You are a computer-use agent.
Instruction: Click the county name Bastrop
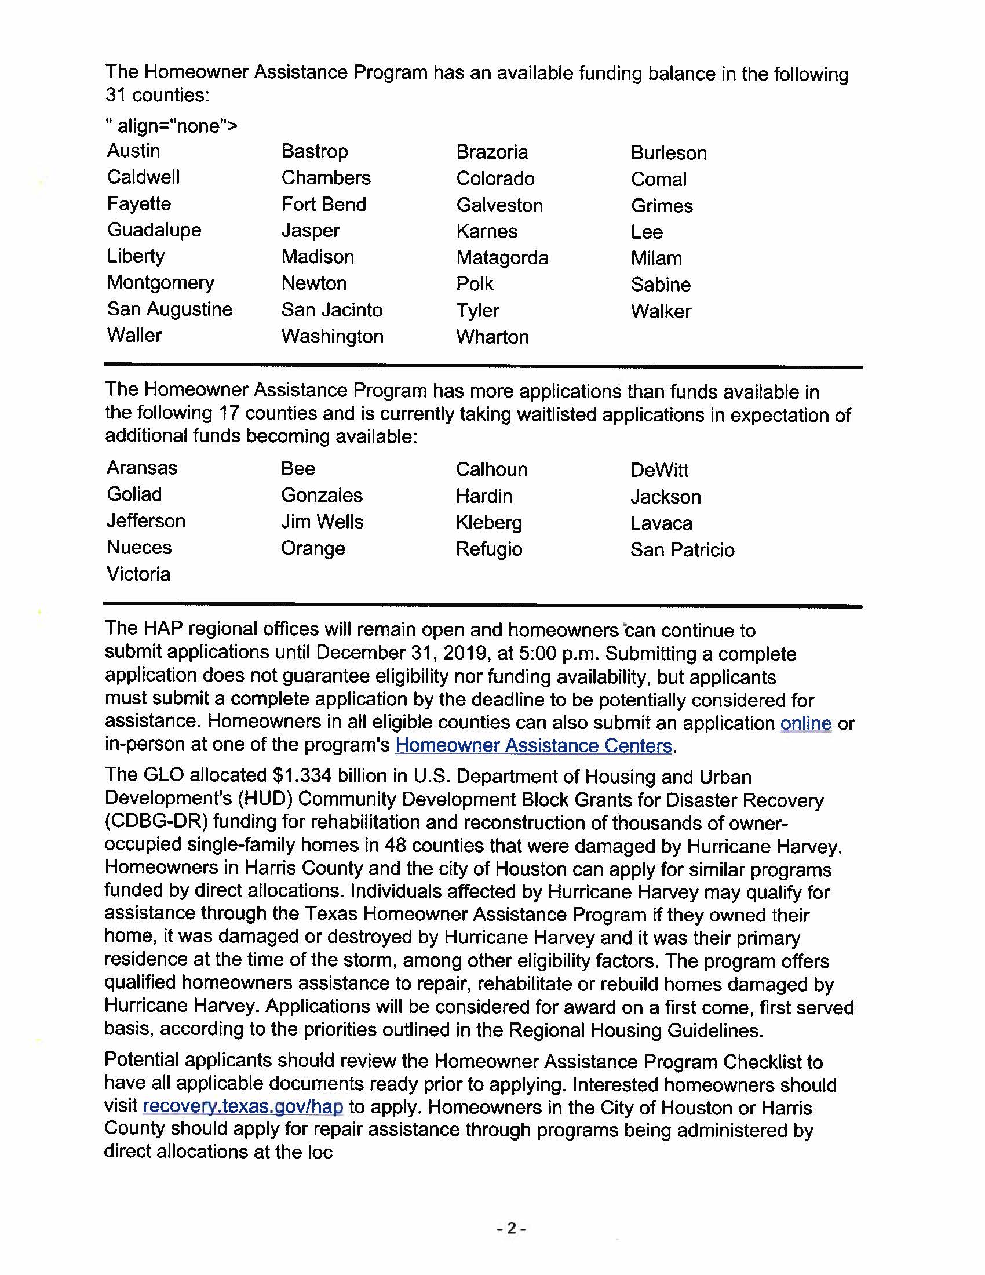coord(315,151)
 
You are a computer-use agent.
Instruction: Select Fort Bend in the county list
coord(324,205)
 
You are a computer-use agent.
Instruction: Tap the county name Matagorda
coord(502,257)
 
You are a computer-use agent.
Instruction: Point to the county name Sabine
coord(661,285)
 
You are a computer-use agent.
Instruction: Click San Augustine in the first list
coord(169,309)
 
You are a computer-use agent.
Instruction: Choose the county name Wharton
coord(493,337)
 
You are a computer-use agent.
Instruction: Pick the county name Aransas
coord(142,468)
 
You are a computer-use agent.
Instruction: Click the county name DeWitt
coord(659,470)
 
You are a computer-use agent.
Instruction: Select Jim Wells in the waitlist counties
coord(322,522)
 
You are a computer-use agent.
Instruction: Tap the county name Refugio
coord(489,549)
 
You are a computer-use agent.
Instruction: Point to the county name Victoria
coord(138,574)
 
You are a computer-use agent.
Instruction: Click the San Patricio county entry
coord(682,549)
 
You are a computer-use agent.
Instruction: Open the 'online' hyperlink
coord(806,723)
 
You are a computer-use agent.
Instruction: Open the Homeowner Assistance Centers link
coord(533,745)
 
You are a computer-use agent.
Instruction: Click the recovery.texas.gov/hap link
coord(243,1106)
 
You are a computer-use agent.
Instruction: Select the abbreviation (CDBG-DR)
coord(156,821)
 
